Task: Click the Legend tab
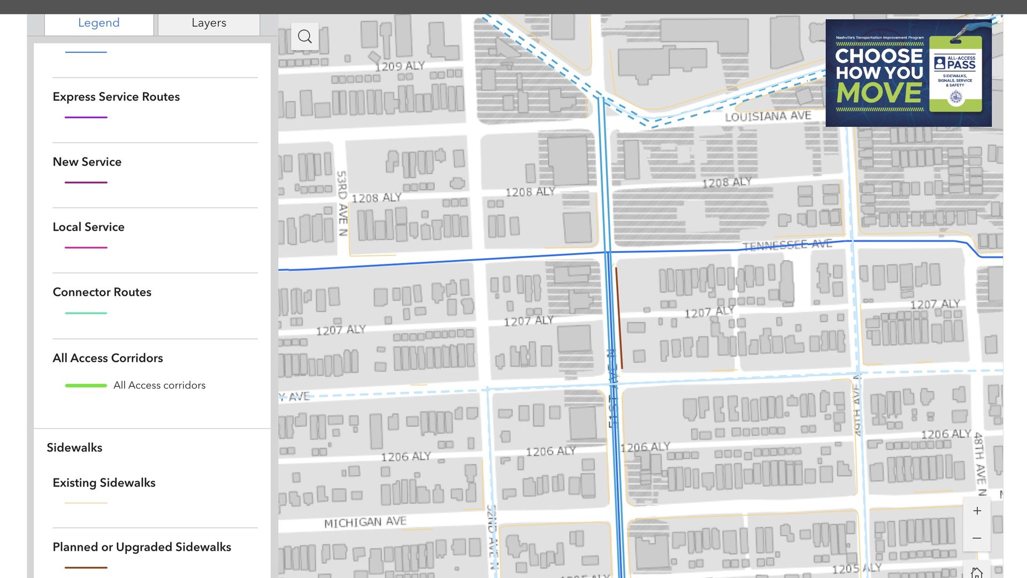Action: pos(99,23)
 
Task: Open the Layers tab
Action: pos(209,23)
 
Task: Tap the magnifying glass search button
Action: pos(305,36)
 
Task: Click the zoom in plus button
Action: pos(977,511)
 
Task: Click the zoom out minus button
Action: pos(977,538)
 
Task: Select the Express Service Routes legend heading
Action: pos(116,97)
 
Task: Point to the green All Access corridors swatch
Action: pos(86,385)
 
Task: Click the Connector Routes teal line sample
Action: pos(86,313)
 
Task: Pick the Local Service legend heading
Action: pos(88,227)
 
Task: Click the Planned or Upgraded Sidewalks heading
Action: pos(142,547)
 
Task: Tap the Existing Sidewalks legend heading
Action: pos(104,483)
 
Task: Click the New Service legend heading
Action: pos(87,162)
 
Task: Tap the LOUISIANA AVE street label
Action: pos(768,116)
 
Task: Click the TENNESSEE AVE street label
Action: pos(787,245)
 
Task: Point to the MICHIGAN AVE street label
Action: pos(365,522)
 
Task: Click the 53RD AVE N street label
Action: pos(342,203)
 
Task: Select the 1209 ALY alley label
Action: pos(400,66)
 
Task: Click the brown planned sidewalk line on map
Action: pos(619,318)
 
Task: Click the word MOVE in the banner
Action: pos(879,93)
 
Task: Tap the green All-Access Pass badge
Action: pos(955,74)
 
